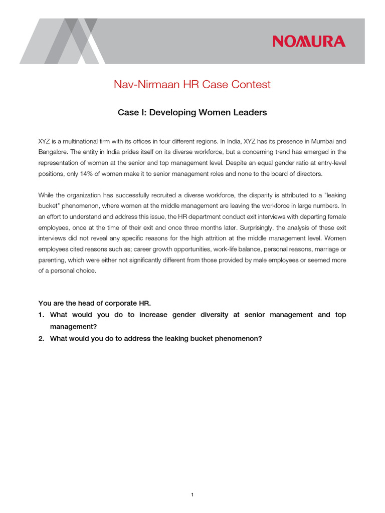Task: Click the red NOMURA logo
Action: coord(309,41)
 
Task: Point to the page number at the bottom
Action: coord(192,481)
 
